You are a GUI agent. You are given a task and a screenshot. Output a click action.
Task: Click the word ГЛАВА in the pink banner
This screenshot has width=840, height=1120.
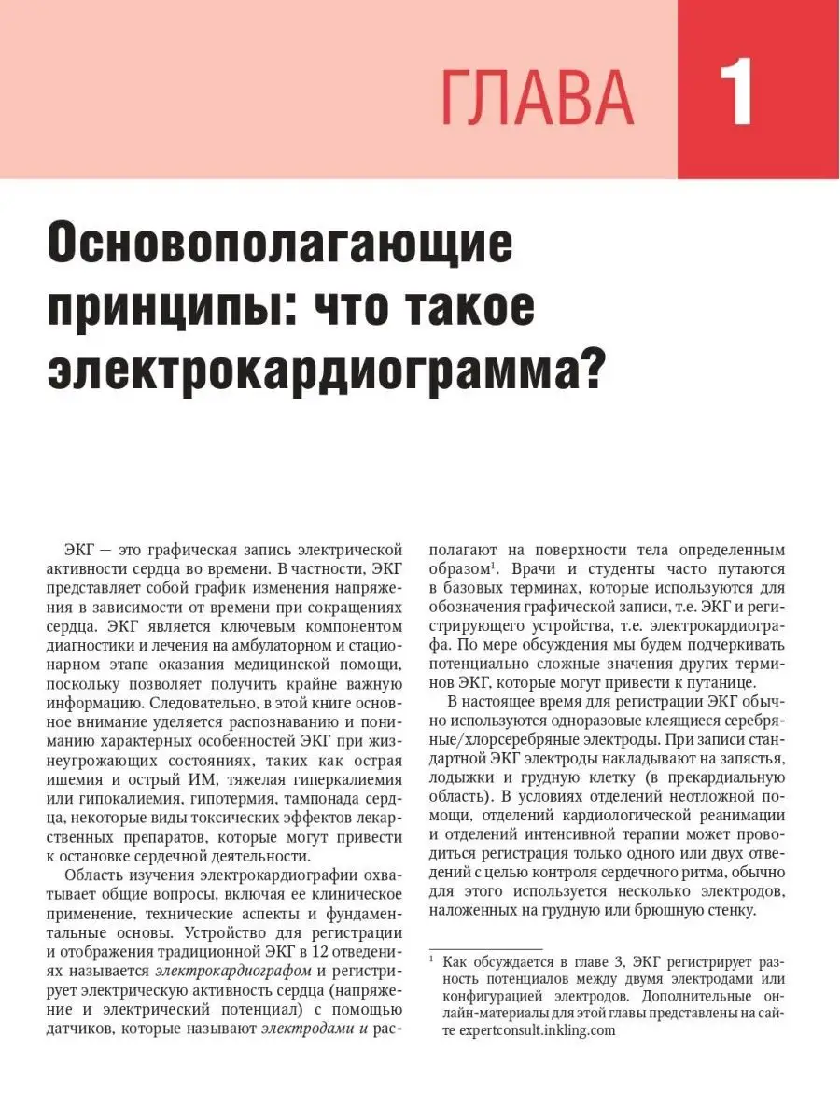pos(538,98)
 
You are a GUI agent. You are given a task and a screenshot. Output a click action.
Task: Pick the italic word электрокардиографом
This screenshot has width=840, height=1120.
pos(244,969)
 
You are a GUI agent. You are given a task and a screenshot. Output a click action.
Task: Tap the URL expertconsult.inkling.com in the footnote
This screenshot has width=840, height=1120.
pos(529,1031)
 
